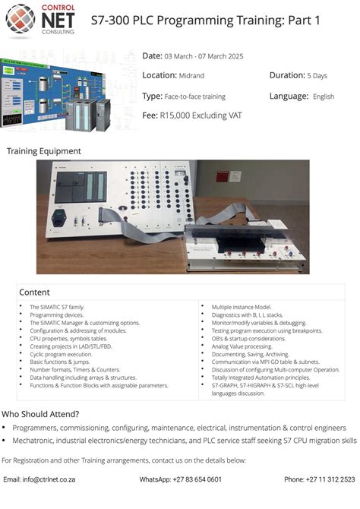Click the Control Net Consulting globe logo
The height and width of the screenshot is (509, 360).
pyautogui.click(x=20, y=21)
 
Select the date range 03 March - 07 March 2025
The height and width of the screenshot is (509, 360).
pyautogui.click(x=204, y=56)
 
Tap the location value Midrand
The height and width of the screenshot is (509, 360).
pyautogui.click(x=191, y=76)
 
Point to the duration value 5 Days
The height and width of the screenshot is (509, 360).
pyautogui.click(x=317, y=76)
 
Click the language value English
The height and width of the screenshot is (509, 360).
pyautogui.click(x=324, y=96)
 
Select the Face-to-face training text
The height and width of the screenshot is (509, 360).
pyautogui.click(x=195, y=96)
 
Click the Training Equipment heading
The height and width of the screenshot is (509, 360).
pyautogui.click(x=44, y=151)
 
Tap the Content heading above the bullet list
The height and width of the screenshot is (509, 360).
pyautogui.click(x=34, y=292)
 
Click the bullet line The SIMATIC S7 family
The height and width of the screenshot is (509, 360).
pyautogui.click(x=57, y=307)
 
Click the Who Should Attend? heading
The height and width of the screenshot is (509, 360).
pyautogui.click(x=40, y=414)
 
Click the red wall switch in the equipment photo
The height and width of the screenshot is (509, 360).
pyautogui.click(x=223, y=176)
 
